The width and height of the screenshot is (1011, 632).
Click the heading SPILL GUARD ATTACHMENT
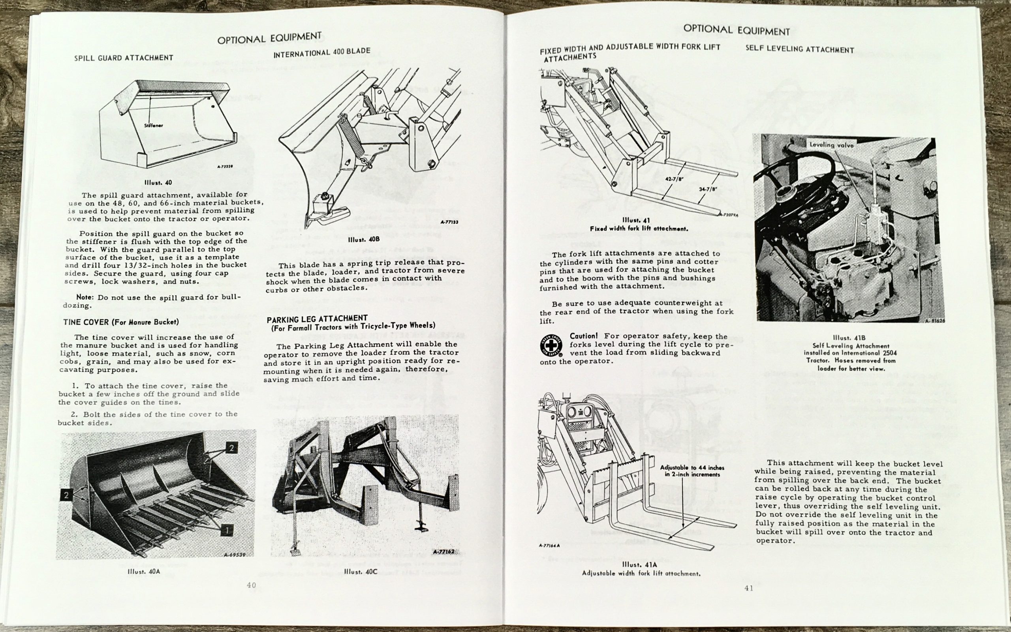pyautogui.click(x=123, y=58)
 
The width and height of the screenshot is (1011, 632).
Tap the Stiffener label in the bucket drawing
pyautogui.click(x=154, y=125)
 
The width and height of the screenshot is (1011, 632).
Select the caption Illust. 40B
pyautogui.click(x=357, y=240)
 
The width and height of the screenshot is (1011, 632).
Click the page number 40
pyautogui.click(x=251, y=585)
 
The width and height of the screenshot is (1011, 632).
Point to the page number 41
pyautogui.click(x=749, y=588)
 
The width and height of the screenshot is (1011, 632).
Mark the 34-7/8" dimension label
pyautogui.click(x=708, y=189)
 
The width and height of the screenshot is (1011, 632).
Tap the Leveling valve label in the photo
pyautogui.click(x=831, y=144)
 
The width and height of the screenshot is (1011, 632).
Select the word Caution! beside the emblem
pyautogui.click(x=584, y=336)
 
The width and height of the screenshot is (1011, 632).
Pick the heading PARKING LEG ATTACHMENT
pyautogui.click(x=317, y=318)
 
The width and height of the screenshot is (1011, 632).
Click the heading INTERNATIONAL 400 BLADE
pyautogui.click(x=321, y=53)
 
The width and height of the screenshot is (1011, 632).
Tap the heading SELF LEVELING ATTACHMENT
pyautogui.click(x=799, y=49)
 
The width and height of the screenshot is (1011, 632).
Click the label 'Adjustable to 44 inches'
pyautogui.click(x=692, y=468)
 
